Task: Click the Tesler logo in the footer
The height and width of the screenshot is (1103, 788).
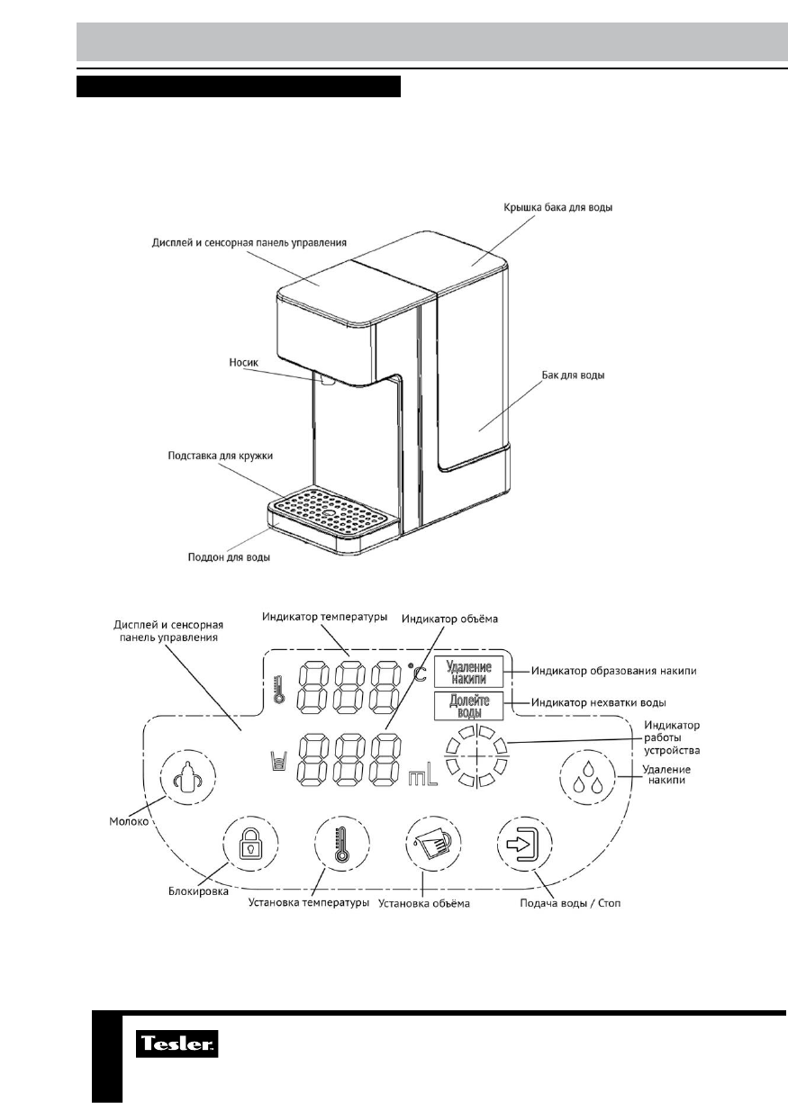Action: [177, 1046]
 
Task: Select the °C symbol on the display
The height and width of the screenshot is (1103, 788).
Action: [415, 671]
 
